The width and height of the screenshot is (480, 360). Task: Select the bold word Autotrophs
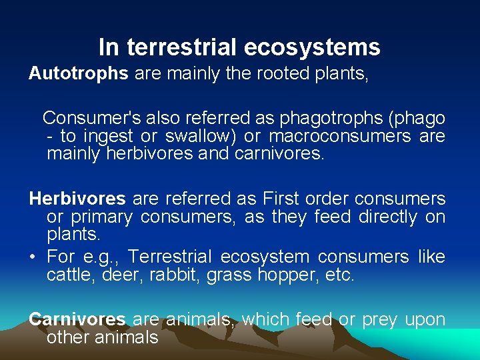(x=78, y=73)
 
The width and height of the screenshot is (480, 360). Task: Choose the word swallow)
(x=204, y=137)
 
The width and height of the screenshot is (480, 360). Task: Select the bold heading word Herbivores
(x=77, y=199)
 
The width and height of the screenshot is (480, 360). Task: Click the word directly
(x=380, y=217)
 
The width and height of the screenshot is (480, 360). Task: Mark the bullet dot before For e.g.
(x=33, y=257)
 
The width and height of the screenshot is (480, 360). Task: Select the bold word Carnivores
(x=77, y=319)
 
